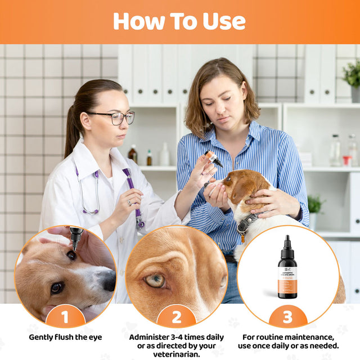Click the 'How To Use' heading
pos(179,21)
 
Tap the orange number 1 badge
pos(65,317)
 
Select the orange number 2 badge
pos(176,317)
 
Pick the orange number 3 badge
pos(287,317)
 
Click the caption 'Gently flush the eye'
pos(65,337)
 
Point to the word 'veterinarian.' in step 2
pos(176,354)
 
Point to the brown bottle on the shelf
pos(133,154)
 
